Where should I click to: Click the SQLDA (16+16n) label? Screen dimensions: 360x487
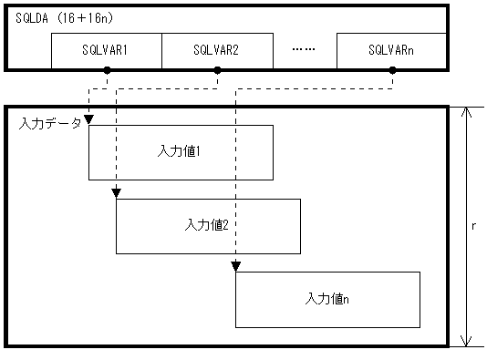65,18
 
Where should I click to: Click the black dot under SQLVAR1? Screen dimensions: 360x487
107,70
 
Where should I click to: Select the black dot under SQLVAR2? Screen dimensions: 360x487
216,70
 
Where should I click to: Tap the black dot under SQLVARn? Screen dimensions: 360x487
391,70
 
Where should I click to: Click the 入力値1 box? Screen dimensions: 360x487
180,151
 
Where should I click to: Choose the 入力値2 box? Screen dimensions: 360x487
207,225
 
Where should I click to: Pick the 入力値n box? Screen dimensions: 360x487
327,299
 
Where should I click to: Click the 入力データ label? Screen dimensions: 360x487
49,122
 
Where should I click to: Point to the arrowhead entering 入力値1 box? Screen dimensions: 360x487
88,121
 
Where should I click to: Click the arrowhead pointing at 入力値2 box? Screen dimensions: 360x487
116,193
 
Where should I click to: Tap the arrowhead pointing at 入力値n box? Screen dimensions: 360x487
236,266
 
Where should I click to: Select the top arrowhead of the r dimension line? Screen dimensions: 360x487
466,113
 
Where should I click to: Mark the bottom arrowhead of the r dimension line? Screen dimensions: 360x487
466,341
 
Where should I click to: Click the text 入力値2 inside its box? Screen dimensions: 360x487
207,223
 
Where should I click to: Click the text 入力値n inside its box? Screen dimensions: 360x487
327,298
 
